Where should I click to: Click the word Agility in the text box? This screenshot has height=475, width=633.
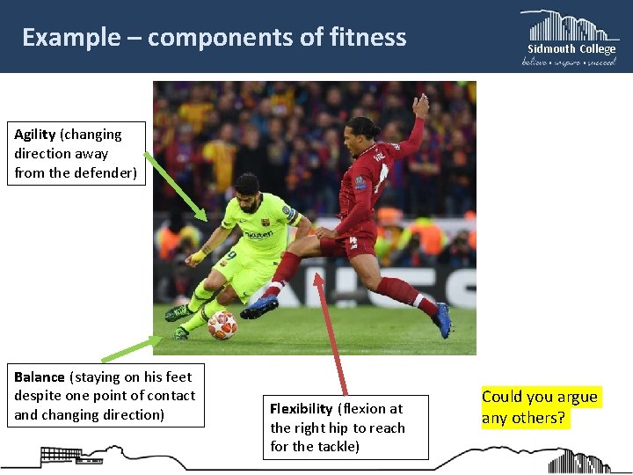click(x=35, y=135)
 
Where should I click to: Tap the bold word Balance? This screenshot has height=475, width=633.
click(x=40, y=376)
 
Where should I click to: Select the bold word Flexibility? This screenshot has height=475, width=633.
click(x=302, y=409)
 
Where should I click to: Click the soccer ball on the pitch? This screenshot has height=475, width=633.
click(x=222, y=325)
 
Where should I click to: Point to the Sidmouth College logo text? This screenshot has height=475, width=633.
click(x=571, y=49)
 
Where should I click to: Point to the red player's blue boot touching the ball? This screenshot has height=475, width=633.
click(x=259, y=306)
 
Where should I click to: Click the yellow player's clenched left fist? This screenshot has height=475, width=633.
click(x=193, y=260)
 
